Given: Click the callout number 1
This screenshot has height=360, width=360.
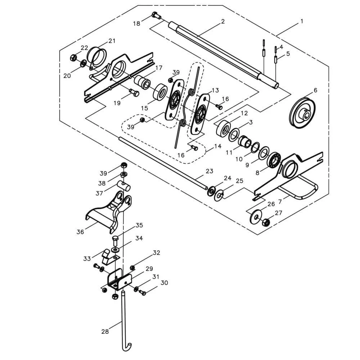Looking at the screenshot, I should pyautogui.click(x=301, y=21).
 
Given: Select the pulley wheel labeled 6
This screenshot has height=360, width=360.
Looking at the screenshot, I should pyautogui.click(x=302, y=112).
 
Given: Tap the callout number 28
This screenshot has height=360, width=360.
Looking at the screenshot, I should pyautogui.click(x=105, y=332).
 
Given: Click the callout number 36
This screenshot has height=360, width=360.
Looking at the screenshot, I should pyautogui.click(x=80, y=232).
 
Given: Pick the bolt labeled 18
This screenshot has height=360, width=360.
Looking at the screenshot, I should pyautogui.click(x=156, y=15).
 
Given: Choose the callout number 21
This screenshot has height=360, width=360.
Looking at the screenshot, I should pyautogui.click(x=112, y=41).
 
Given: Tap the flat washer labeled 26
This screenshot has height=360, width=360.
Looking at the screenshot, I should pyautogui.click(x=256, y=215).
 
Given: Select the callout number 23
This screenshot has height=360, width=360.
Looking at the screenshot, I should pyautogui.click(x=210, y=171).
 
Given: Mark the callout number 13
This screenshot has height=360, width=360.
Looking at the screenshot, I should pyautogui.click(x=215, y=90).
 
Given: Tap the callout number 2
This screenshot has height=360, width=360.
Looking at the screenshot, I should pyautogui.click(x=223, y=21).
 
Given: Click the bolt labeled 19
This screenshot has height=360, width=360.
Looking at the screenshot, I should pyautogui.click(x=134, y=93).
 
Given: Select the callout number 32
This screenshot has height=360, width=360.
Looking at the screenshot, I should pyautogui.click(x=156, y=253).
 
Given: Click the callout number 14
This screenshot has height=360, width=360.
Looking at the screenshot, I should pyautogui.click(x=217, y=147).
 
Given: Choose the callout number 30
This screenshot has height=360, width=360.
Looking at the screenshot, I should pyautogui.click(x=164, y=283).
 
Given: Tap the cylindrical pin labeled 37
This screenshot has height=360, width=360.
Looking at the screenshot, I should pyautogui.click(x=123, y=186).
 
